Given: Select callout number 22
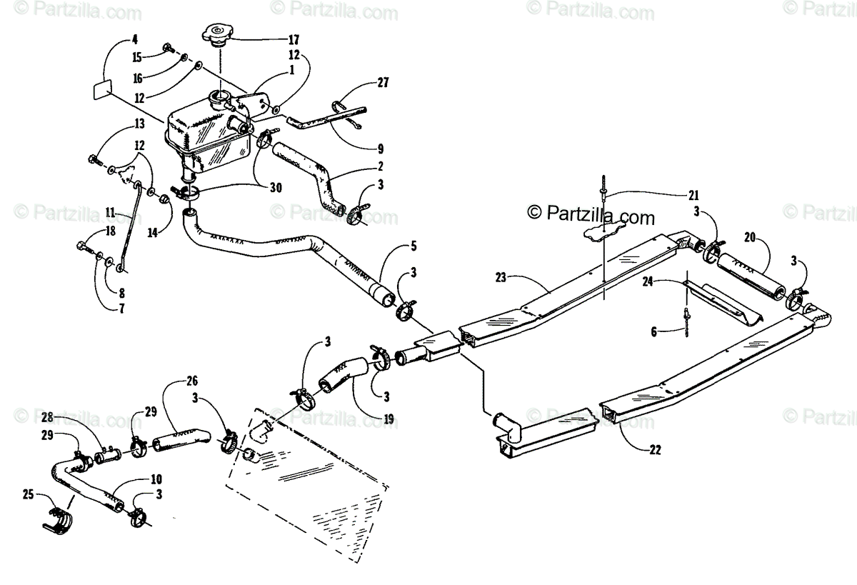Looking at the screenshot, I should point(656,450).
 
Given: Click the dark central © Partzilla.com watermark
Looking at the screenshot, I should point(591,213).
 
